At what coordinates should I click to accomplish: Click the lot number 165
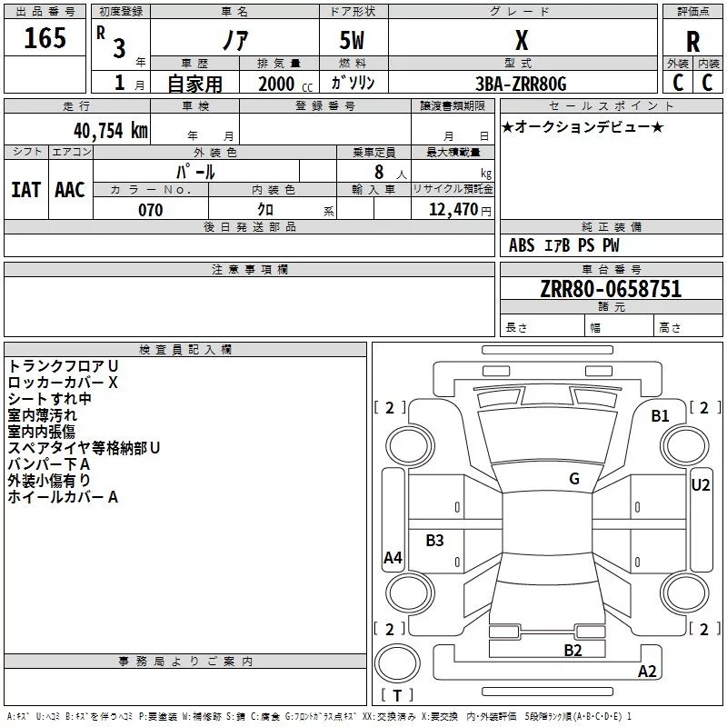45,38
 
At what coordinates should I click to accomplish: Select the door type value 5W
353,42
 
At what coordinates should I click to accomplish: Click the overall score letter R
692,42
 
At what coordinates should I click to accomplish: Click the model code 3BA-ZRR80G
521,84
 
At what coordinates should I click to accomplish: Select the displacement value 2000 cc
283,84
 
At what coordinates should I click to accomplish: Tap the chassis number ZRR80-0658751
610,290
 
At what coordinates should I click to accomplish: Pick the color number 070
150,210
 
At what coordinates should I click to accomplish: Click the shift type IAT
25,190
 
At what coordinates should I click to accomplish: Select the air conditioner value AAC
70,190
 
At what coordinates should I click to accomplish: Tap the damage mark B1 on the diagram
660,416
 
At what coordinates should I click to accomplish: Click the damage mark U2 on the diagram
700,485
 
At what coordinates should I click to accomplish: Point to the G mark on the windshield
574,479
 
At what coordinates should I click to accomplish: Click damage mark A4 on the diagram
393,558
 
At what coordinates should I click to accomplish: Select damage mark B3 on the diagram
435,541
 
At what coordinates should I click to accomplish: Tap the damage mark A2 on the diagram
647,672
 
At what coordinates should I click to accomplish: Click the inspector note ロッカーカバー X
63,382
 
